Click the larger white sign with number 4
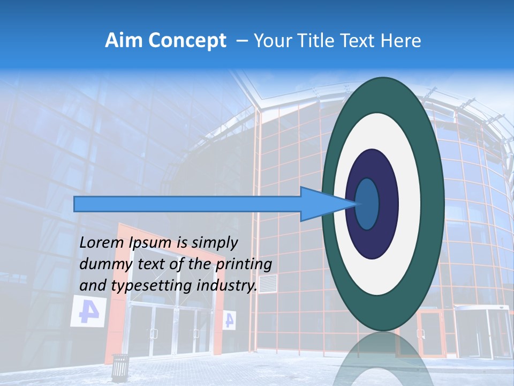click(87, 312)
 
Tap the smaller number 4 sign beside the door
click(229, 320)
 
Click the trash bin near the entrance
click(120, 367)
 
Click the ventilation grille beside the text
click(268, 284)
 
